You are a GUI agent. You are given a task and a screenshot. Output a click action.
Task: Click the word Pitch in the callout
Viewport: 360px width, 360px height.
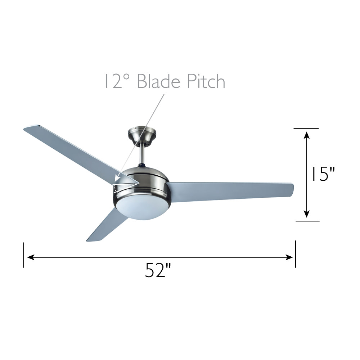[206, 81]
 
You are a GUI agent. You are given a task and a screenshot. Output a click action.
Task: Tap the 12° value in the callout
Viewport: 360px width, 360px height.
[117, 81]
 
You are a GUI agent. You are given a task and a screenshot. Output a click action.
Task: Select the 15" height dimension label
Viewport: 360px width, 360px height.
[323, 174]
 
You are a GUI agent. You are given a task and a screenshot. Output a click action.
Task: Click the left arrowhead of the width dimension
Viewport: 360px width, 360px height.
[31, 257]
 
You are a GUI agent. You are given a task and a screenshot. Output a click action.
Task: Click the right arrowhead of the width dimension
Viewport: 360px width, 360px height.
[289, 257]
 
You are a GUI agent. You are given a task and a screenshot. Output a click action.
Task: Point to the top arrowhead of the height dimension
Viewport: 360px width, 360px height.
[307, 135]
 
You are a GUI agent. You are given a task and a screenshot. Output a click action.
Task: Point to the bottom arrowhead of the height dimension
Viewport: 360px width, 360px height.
[307, 213]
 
